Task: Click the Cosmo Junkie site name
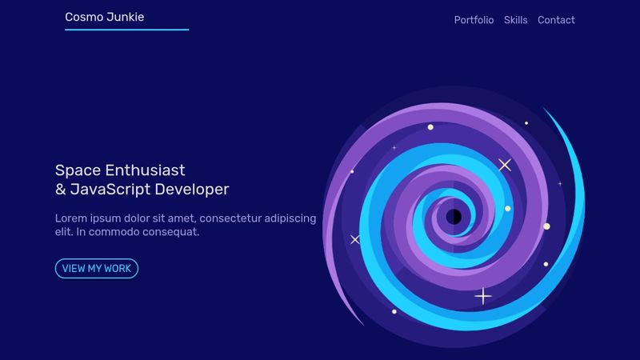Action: pyautogui.click(x=105, y=17)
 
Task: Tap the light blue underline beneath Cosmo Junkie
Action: pyautogui.click(x=126, y=30)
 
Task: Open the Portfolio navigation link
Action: pyautogui.click(x=474, y=20)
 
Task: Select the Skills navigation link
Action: pyautogui.click(x=515, y=20)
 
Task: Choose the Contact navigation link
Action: pyautogui.click(x=556, y=20)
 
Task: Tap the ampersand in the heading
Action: pyautogui.click(x=60, y=190)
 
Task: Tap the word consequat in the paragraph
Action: pyautogui.click(x=172, y=232)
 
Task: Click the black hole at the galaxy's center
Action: pyautogui.click(x=454, y=216)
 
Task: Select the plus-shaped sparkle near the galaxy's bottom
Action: pyautogui.click(x=483, y=296)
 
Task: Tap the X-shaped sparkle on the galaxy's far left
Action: pyautogui.click(x=355, y=239)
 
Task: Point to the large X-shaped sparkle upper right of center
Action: pyautogui.click(x=505, y=165)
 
